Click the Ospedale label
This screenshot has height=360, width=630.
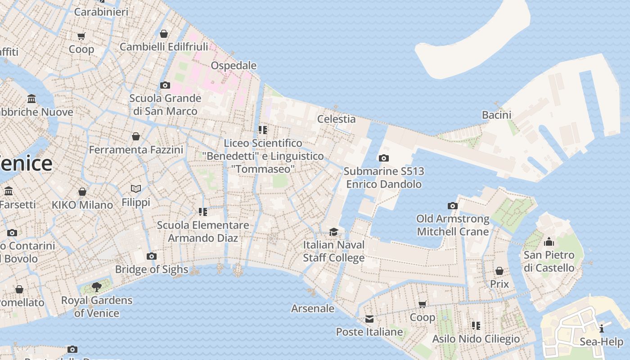click(x=234, y=66)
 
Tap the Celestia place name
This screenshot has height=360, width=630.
click(x=336, y=119)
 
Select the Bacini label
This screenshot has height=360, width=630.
click(x=496, y=115)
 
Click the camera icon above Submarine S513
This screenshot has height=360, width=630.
click(x=383, y=158)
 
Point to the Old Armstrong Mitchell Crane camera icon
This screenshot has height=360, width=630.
click(x=452, y=206)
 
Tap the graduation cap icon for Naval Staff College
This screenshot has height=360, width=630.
click(x=333, y=232)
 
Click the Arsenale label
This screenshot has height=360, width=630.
click(x=313, y=309)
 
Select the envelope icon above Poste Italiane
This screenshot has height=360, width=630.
click(x=369, y=319)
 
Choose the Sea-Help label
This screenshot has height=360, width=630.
click(x=601, y=342)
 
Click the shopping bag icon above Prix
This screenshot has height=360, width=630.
click(x=499, y=271)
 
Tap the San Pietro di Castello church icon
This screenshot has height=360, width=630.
click(x=549, y=242)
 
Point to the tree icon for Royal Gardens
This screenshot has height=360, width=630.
click(x=96, y=287)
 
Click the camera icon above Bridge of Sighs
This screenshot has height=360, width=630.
click(x=152, y=256)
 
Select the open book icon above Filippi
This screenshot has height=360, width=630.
click(x=136, y=189)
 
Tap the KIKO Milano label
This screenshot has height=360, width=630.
click(x=82, y=205)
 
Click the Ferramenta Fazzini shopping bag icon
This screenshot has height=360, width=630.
click(x=136, y=136)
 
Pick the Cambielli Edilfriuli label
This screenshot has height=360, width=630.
click(x=164, y=47)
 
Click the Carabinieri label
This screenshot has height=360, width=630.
click(x=101, y=12)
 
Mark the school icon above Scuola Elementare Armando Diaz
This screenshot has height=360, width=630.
click(x=202, y=211)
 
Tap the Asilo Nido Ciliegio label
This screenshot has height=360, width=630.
click(x=476, y=339)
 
